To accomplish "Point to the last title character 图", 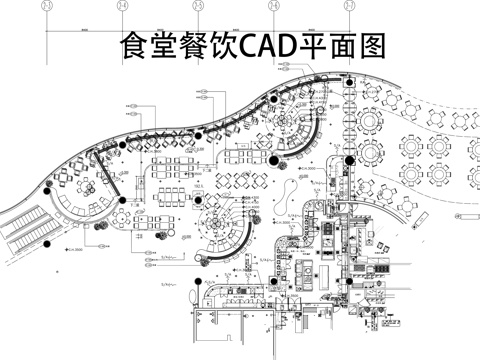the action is coord(370,45).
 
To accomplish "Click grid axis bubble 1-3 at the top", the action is coord(122,6).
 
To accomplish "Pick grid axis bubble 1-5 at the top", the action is coord(198,6).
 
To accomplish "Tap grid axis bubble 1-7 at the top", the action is coord(349,6).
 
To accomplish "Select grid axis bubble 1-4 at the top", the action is coord(273,6).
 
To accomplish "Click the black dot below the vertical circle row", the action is coord(348,160).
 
